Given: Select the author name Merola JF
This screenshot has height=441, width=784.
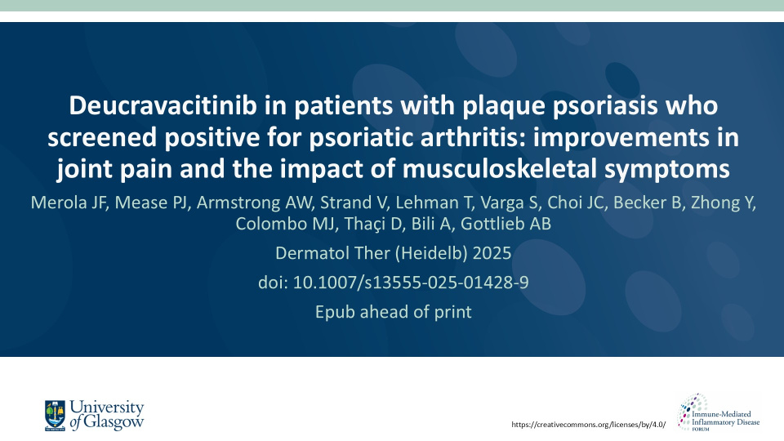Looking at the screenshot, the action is [69, 203].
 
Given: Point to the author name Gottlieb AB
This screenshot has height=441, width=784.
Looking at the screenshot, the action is [506, 224].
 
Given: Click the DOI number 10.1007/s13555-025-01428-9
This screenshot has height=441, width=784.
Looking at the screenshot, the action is [411, 283].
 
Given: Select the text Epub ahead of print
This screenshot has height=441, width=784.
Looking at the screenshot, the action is [394, 312].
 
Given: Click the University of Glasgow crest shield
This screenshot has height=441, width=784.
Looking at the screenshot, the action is [55, 415].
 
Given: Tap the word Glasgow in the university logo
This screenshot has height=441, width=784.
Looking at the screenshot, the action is [114, 422].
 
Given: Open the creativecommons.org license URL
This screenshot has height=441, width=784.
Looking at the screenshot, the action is [589, 425].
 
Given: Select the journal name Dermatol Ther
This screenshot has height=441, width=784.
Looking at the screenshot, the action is [332, 253].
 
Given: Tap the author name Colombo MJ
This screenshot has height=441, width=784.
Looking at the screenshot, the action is [286, 224].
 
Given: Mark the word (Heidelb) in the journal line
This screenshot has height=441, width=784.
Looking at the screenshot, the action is [431, 253].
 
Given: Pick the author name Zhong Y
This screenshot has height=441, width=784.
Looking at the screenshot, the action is [723, 203].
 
